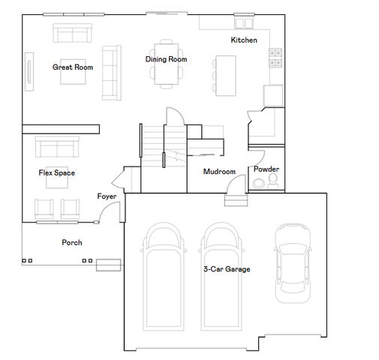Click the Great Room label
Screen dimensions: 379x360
[73, 67]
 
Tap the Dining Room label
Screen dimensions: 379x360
[166, 59]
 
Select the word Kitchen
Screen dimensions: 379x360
[244, 40]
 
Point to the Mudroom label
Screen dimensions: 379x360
[219, 172]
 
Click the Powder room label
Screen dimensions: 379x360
[266, 169]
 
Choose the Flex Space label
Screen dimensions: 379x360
[56, 172]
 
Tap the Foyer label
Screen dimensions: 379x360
[107, 196]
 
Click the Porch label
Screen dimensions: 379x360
[72, 242]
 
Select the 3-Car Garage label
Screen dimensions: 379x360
[227, 269]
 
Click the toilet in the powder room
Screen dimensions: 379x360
[272, 181]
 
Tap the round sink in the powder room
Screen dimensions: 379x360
[258, 184]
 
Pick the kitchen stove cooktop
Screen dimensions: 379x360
[275, 58]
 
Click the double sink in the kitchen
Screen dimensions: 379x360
[244, 24]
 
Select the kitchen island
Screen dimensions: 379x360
[226, 76]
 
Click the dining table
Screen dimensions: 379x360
[167, 64]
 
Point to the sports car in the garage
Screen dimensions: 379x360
[293, 263]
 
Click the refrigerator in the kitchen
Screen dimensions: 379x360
[273, 95]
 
